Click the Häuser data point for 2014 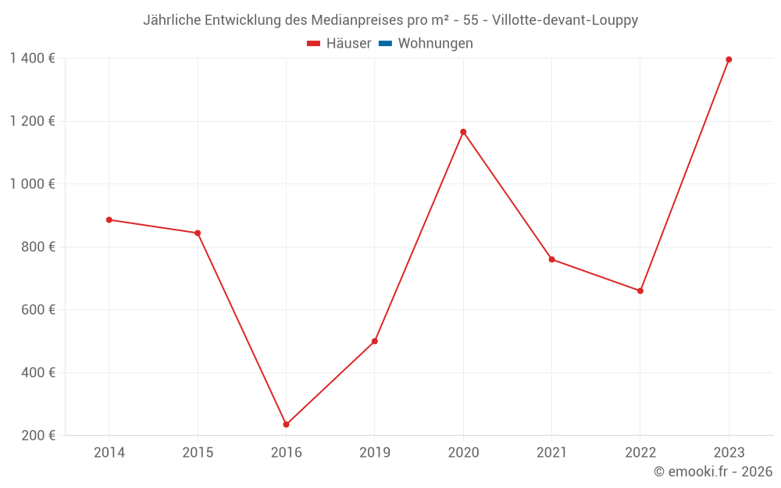(x=109, y=220)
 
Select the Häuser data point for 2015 (x=198, y=233)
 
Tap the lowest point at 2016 (x=286, y=425)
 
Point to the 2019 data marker (x=375, y=341)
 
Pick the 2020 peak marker (x=463, y=132)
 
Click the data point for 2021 (x=552, y=259)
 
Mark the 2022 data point (x=640, y=290)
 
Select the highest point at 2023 (x=729, y=59)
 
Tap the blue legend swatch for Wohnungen (x=385, y=44)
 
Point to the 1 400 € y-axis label (x=33, y=58)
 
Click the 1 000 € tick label (x=33, y=183)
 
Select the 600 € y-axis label (x=37, y=309)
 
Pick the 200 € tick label (x=37, y=435)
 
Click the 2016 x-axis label (x=286, y=452)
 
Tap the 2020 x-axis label (x=463, y=452)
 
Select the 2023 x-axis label (x=729, y=452)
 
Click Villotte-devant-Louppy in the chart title (x=565, y=20)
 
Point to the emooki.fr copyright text (x=713, y=472)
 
